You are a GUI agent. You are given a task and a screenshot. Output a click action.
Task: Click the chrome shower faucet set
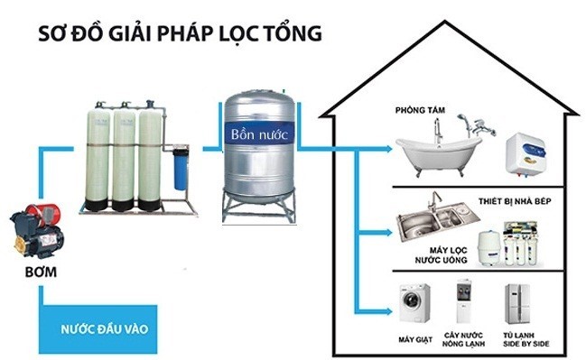coord(474,127)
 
